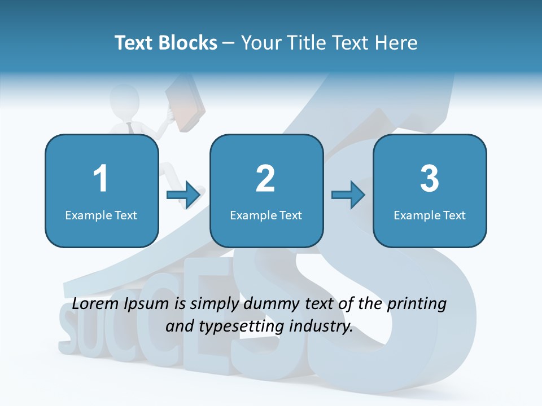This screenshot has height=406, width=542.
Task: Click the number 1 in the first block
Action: (x=101, y=179)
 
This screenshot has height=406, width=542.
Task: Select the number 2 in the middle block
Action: (x=265, y=179)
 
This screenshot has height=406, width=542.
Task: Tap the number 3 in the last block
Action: (x=430, y=179)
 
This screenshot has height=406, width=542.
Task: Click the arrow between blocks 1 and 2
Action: (x=183, y=195)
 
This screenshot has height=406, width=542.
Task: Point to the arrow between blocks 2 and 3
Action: (x=348, y=195)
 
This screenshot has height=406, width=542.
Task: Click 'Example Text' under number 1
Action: (x=101, y=215)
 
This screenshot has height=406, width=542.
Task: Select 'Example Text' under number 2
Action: (x=266, y=215)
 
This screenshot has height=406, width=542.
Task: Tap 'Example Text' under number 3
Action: (x=430, y=215)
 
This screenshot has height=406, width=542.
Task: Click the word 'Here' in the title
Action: (x=397, y=43)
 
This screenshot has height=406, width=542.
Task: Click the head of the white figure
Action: (x=125, y=99)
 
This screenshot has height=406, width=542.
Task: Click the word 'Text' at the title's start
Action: (x=134, y=43)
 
